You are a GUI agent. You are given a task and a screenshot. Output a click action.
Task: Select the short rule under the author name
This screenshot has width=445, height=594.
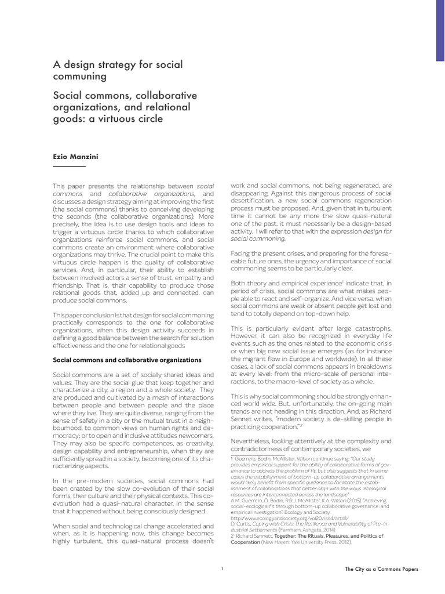pos(69,166)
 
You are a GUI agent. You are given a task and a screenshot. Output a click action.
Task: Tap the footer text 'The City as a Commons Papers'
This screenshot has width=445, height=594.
pos(381,570)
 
